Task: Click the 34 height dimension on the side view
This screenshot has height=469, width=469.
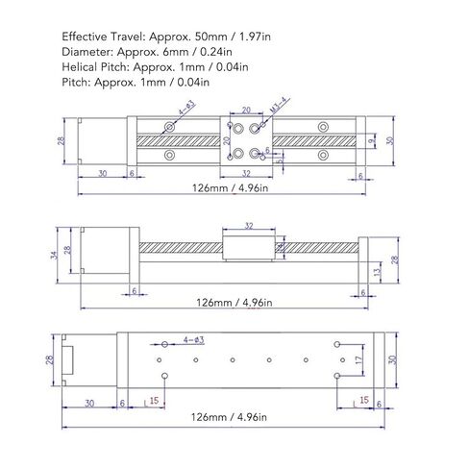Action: click(52, 256)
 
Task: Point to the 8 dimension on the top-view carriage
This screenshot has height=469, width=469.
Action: click(266, 151)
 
